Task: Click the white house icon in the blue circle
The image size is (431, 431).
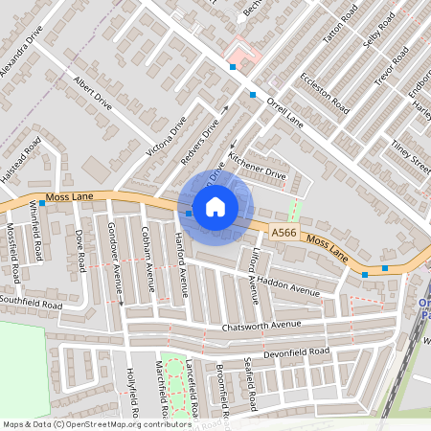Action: pyautogui.click(x=215, y=206)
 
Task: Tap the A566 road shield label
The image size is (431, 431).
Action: pyautogui.click(x=283, y=233)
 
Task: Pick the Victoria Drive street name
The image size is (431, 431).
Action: pyautogui.click(x=165, y=137)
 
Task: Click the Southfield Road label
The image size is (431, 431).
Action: pyautogui.click(x=31, y=306)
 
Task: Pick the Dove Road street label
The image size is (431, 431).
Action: pyautogui.click(x=79, y=247)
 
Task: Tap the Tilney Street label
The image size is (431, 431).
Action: pyautogui.click(x=410, y=154)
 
